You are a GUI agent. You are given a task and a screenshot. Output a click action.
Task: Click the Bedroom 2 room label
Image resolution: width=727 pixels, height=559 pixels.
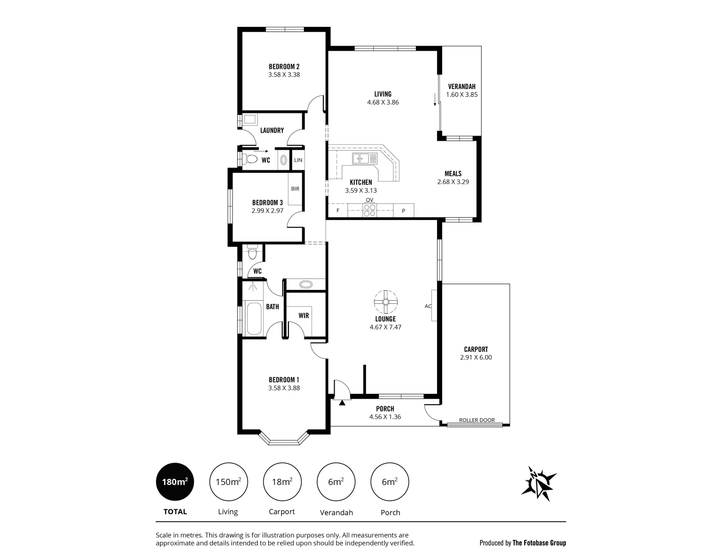(x=284, y=66)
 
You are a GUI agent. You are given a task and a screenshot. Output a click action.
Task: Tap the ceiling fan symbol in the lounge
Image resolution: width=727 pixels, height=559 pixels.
(x=386, y=301)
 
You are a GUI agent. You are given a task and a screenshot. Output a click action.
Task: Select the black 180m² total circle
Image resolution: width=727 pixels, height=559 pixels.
(x=175, y=482)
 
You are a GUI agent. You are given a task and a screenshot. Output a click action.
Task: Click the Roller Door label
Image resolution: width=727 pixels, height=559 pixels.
(x=476, y=420)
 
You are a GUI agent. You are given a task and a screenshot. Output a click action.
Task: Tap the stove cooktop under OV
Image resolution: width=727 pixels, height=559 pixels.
(x=369, y=210)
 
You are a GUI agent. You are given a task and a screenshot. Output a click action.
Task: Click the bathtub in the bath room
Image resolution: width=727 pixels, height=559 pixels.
(x=254, y=319)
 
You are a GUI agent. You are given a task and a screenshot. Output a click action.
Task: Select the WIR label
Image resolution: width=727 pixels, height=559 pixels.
(x=304, y=315)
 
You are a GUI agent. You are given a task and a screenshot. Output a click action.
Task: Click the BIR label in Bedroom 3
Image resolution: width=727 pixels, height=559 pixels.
(x=295, y=189)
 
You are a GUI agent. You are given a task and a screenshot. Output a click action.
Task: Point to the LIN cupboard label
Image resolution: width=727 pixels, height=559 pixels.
(x=298, y=160)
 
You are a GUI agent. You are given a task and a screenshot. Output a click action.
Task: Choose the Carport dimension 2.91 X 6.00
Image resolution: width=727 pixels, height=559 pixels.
(x=476, y=357)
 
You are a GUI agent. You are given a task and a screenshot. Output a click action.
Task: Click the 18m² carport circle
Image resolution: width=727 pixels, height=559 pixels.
(x=282, y=482)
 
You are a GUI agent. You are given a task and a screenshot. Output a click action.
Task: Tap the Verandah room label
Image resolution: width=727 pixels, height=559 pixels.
(x=461, y=86)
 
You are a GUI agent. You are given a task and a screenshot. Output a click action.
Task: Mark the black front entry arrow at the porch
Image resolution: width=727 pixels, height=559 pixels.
(x=342, y=401)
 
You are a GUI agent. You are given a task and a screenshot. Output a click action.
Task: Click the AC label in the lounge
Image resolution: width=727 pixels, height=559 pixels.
(x=428, y=306)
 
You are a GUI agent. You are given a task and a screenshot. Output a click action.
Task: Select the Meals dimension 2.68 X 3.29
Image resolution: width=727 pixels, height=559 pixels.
(x=453, y=182)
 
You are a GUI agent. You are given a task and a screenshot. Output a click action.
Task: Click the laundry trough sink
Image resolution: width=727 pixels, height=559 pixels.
(x=250, y=120)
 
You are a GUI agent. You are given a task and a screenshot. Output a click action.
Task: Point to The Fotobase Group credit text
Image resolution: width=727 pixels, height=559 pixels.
(x=539, y=543)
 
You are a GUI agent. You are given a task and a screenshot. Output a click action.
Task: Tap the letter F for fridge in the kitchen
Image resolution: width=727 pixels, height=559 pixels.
(x=338, y=211)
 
